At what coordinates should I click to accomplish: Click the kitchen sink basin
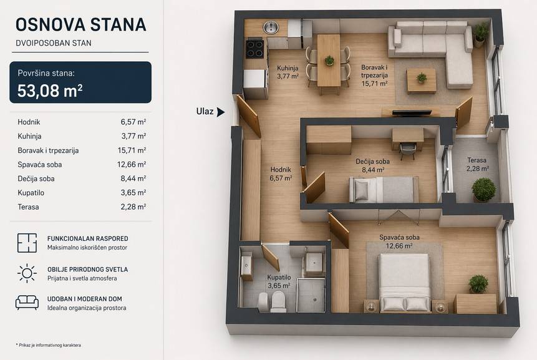[x=271, y=27]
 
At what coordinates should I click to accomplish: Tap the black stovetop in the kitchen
[x=255, y=49]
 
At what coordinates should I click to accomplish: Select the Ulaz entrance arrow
[x=221, y=112]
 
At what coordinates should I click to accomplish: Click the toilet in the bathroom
[x=278, y=301]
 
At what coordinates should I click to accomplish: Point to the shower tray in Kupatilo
[x=311, y=294]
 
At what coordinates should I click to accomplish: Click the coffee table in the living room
[x=422, y=81]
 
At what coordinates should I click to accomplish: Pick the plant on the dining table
[x=329, y=61]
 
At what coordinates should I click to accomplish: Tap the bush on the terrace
[x=483, y=190]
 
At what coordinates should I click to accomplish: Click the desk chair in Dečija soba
[x=407, y=150]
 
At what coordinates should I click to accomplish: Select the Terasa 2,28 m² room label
[x=477, y=165]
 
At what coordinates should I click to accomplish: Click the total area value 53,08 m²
[x=50, y=90]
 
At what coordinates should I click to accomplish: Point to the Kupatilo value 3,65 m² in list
[x=133, y=193]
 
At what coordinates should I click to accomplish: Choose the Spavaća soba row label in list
[x=40, y=165]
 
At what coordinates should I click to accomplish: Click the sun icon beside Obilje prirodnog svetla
[x=27, y=273]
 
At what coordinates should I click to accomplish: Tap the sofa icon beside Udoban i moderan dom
[x=27, y=303]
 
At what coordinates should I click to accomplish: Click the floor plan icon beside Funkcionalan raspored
[x=27, y=243]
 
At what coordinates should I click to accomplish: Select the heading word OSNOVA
[x=51, y=25]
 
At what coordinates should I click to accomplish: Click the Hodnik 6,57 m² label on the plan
[x=281, y=173]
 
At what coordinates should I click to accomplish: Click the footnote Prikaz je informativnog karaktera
[x=48, y=345]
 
